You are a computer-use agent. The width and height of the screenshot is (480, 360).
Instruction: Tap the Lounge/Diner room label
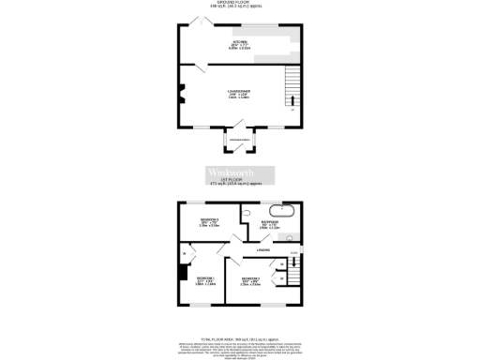tap(238, 94)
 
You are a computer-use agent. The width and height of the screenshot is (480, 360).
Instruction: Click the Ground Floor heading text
tap(239, 3)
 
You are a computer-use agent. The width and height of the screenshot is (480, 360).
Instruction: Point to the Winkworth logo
tap(240, 174)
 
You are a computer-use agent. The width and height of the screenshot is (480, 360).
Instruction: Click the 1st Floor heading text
tap(240, 181)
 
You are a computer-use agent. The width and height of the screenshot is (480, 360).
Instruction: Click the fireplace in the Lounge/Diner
tap(182, 95)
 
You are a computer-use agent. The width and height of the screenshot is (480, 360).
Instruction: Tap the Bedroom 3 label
tap(209, 222)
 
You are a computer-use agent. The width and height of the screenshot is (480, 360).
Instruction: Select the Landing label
tap(264, 250)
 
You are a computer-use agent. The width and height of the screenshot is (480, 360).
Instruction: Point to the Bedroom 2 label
tap(249, 279)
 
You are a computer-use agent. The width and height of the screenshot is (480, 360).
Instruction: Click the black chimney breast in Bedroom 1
tap(183, 275)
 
